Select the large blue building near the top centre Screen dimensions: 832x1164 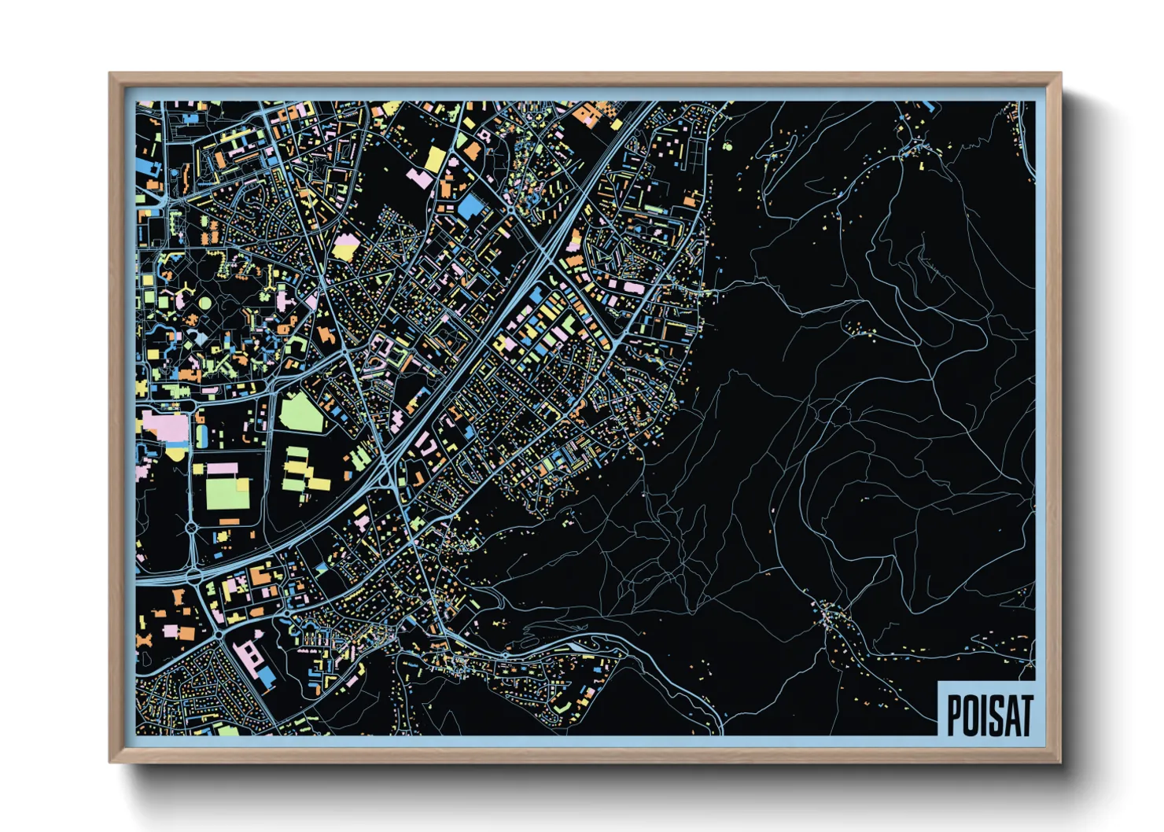[x=471, y=206]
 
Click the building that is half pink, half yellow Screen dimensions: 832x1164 [x=344, y=247]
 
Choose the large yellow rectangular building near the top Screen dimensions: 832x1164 [x=435, y=159]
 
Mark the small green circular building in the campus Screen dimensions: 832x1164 [x=204, y=303]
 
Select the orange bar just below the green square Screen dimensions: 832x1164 [x=228, y=521]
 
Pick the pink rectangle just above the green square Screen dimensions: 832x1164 [x=222, y=469]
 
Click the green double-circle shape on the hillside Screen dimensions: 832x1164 [x=727, y=145]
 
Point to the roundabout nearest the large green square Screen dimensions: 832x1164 [x=191, y=526]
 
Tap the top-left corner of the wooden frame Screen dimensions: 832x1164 [x=111, y=75]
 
